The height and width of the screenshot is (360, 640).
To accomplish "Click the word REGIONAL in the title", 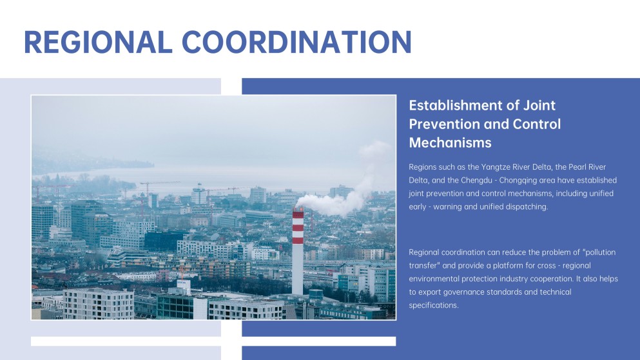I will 97,41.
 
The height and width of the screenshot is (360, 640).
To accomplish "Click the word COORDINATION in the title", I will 297,41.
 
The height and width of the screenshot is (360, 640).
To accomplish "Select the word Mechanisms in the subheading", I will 450,142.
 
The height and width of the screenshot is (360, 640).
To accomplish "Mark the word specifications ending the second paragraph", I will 433,305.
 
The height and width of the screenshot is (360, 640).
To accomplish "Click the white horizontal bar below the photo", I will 213,341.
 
